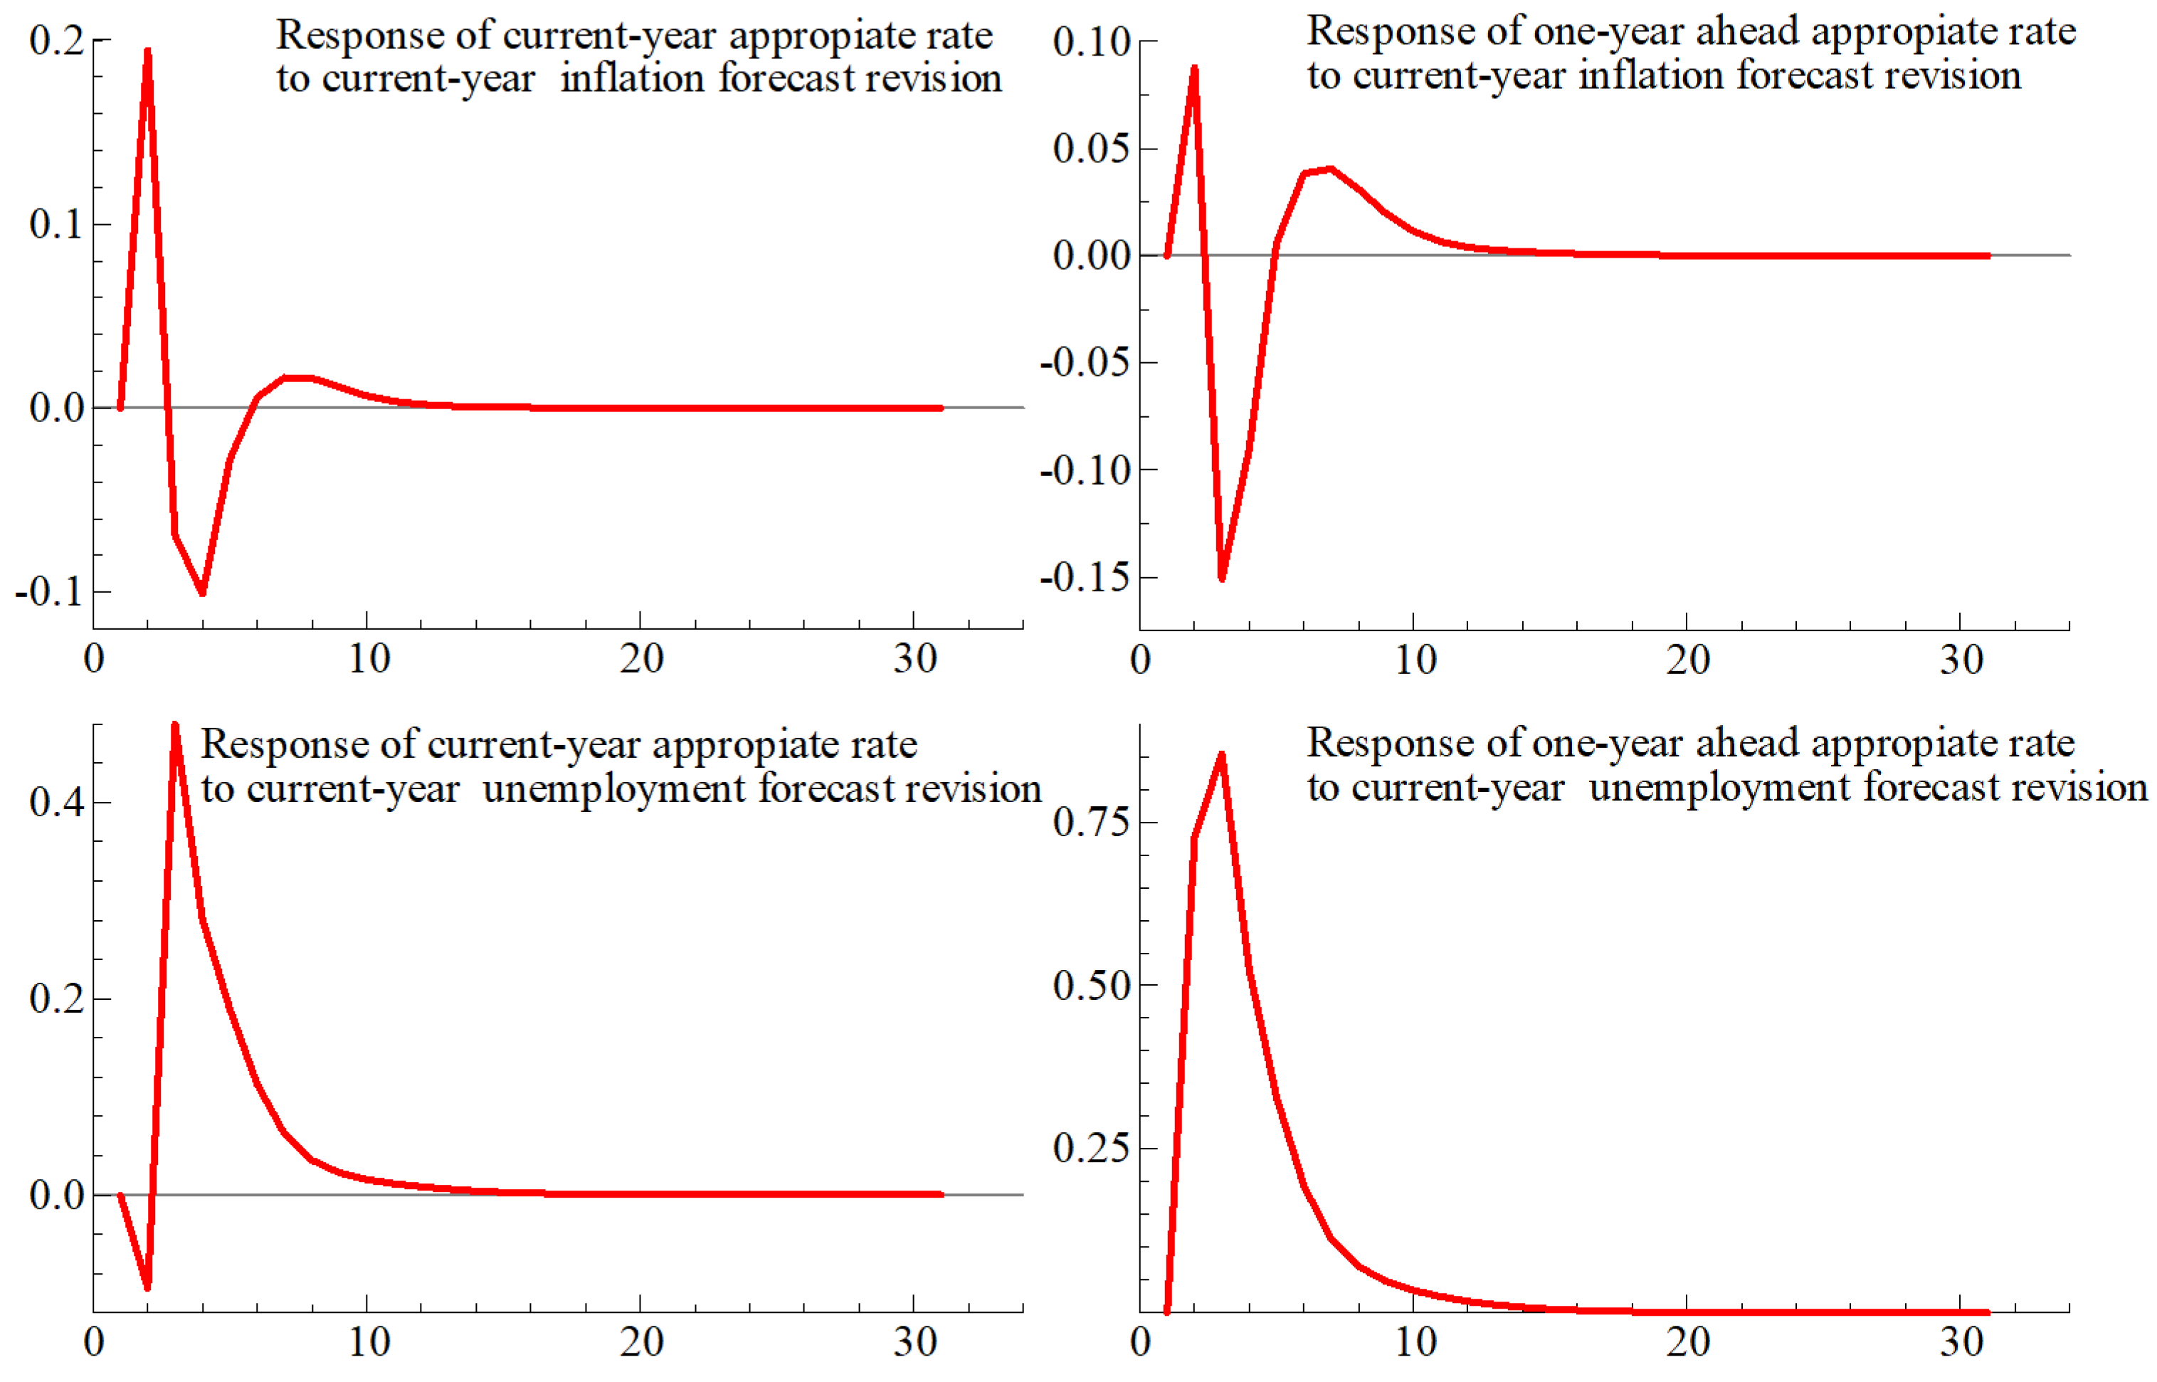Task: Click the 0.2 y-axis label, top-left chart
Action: tap(56, 41)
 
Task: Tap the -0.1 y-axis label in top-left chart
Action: tap(49, 591)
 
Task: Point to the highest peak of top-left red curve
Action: tap(147, 52)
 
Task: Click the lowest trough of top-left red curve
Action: tap(202, 591)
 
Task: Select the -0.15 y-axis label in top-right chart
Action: tap(1085, 577)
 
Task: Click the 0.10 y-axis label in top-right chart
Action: tap(1091, 41)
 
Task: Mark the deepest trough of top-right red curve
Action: tap(1221, 578)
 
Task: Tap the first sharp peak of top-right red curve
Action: tap(1194, 68)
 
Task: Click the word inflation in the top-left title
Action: tap(632, 78)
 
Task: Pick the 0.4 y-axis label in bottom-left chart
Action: tap(56, 801)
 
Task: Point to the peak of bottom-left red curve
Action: tap(175, 725)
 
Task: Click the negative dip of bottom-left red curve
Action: tap(147, 1287)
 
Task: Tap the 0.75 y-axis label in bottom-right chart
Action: tap(1091, 821)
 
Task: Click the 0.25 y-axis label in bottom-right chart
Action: tap(1091, 1148)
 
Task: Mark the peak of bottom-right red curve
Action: tap(1221, 756)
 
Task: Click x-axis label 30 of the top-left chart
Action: tap(915, 660)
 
